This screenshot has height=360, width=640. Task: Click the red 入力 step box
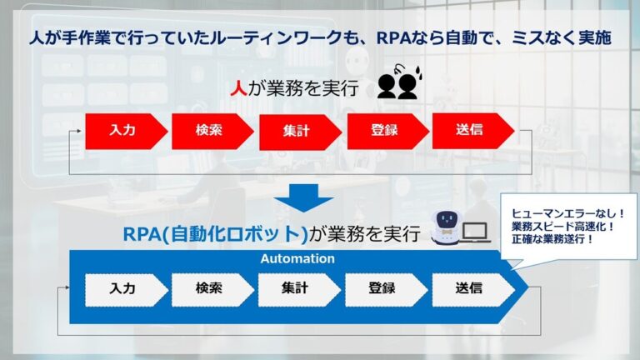pos(123,131)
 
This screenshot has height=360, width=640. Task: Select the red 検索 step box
pos(210,131)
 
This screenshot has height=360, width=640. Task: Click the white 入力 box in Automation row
pos(123,289)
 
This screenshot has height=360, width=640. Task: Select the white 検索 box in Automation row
pos(210,289)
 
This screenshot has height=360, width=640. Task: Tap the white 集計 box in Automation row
pos(297,289)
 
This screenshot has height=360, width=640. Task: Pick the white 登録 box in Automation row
pos(383,289)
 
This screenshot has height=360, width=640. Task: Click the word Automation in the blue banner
pos(298,259)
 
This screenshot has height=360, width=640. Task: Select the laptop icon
pos(477,232)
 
